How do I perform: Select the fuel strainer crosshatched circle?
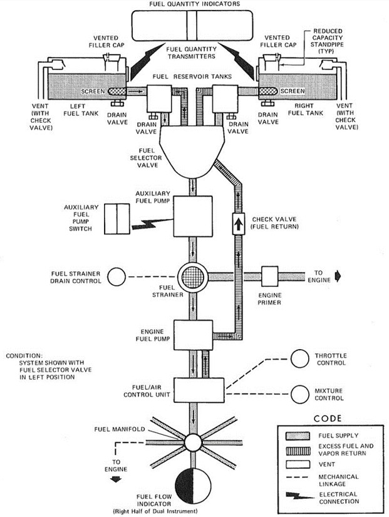194,276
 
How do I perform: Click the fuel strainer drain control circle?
117,276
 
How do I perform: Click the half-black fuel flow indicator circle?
194,483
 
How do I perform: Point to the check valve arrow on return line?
239,222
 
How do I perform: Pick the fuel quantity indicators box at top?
194,28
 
